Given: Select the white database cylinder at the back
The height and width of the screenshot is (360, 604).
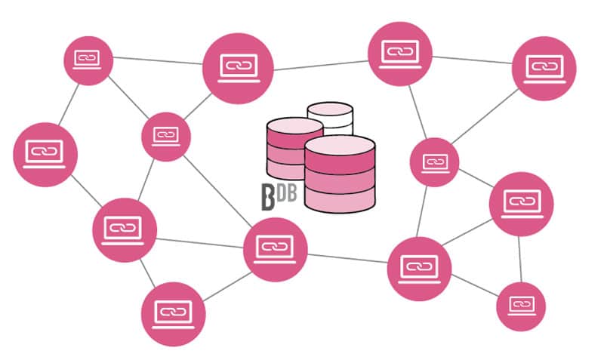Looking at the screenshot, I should tap(330, 118).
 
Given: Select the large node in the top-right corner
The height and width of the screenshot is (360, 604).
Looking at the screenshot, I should tap(544, 68).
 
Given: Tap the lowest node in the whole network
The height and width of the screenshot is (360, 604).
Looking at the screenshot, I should tap(173, 313).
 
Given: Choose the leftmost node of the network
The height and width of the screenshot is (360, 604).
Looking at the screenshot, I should tap(45, 154).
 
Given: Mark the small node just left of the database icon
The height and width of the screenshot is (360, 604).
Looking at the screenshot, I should tap(166, 137).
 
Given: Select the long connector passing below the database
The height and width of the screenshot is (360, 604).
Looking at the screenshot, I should tap(347, 258).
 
